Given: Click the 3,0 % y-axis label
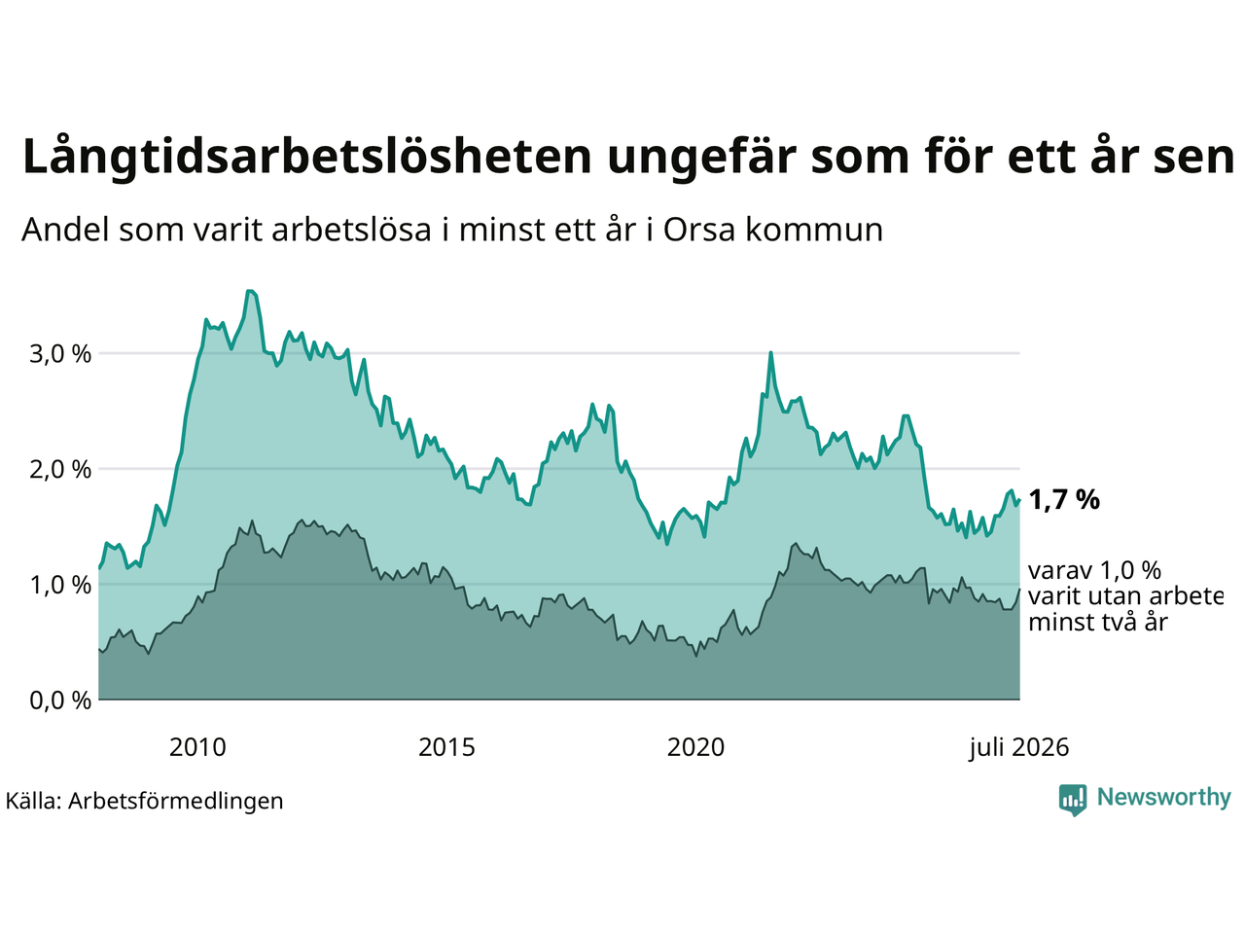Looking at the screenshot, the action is point(60,354).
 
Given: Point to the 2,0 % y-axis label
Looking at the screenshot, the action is point(60,470).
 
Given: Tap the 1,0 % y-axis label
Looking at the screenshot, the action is point(60,586).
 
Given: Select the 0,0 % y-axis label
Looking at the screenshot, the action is point(60,700).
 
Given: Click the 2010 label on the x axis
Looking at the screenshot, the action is point(197,747).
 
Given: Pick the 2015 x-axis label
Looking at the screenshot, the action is point(446,747).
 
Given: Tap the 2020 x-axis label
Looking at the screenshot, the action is point(695,747).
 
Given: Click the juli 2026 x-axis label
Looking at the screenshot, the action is point(1018,747).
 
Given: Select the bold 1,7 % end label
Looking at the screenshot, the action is point(1064,500).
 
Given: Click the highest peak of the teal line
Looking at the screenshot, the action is point(250,291).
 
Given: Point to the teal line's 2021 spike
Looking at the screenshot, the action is point(770,353).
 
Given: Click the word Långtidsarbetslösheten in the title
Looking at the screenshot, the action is point(306,157).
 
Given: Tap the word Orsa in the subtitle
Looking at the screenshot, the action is point(698,231).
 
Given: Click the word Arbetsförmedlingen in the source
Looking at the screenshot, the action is point(175,802).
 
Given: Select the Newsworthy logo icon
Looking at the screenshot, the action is point(1073,800).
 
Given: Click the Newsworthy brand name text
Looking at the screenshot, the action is point(1164,798).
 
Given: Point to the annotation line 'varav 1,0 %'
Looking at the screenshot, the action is point(1094,571).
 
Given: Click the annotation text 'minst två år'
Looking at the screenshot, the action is point(1098,623).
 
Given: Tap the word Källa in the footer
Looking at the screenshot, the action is point(33,802).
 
